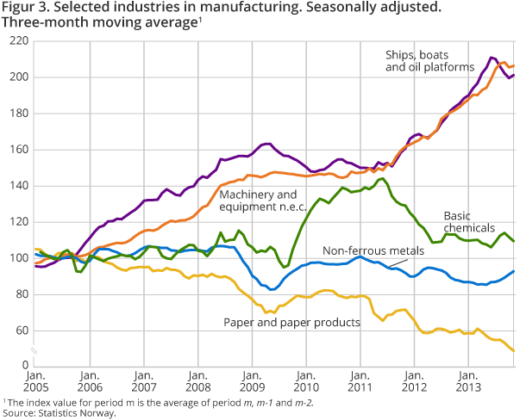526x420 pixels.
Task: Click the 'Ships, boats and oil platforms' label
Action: [429, 61]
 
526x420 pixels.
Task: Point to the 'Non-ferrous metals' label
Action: [373, 250]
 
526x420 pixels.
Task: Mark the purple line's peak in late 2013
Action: [492, 58]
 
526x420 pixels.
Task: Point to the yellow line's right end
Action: [515, 350]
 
